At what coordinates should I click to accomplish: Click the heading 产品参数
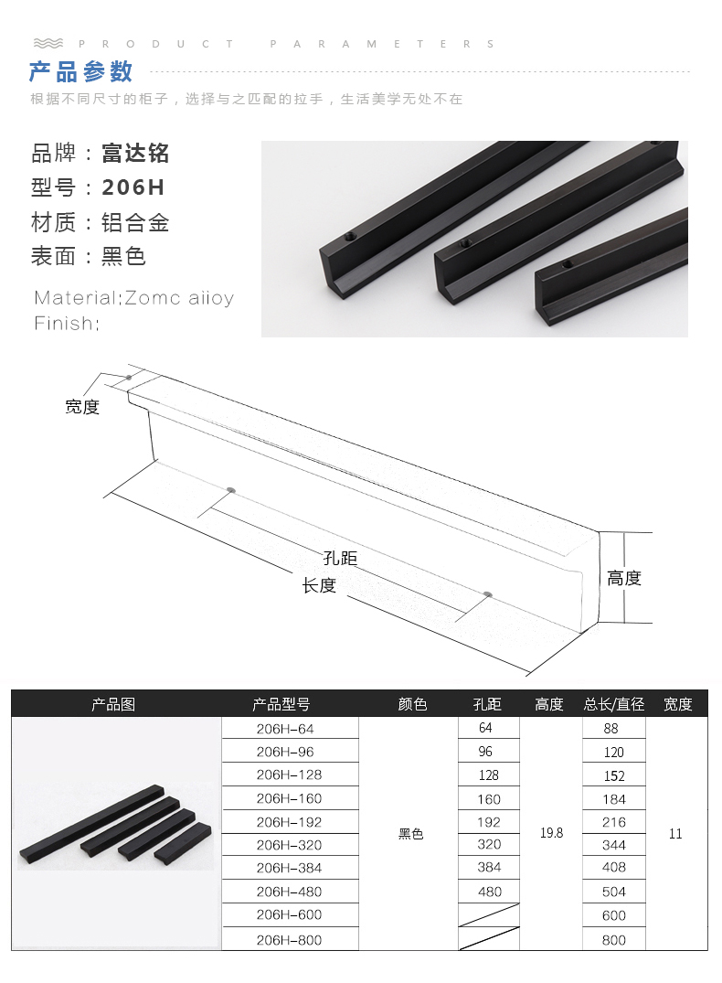[x=81, y=71]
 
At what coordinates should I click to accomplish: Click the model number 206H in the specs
[x=133, y=187]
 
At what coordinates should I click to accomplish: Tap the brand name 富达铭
[x=135, y=153]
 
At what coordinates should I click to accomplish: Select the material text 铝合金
[x=135, y=222]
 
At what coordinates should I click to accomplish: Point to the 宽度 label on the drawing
[x=82, y=407]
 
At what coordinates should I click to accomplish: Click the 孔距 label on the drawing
[x=340, y=558]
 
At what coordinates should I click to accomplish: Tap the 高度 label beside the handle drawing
[x=624, y=578]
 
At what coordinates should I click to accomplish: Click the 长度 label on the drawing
[x=319, y=585]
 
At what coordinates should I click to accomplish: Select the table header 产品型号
[x=281, y=704]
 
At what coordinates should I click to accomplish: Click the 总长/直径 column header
[x=614, y=704]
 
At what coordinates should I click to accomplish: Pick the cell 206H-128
[x=289, y=775]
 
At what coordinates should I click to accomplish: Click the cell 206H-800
[x=289, y=939]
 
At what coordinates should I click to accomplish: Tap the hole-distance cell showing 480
[x=490, y=892]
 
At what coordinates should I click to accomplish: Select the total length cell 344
[x=614, y=845]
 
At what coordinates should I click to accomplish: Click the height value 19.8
[x=551, y=833]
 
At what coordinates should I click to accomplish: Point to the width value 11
[x=675, y=833]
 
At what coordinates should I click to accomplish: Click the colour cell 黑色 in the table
[x=411, y=834]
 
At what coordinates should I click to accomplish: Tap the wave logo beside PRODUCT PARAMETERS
[x=48, y=43]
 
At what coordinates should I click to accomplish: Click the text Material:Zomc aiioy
[x=133, y=298]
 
